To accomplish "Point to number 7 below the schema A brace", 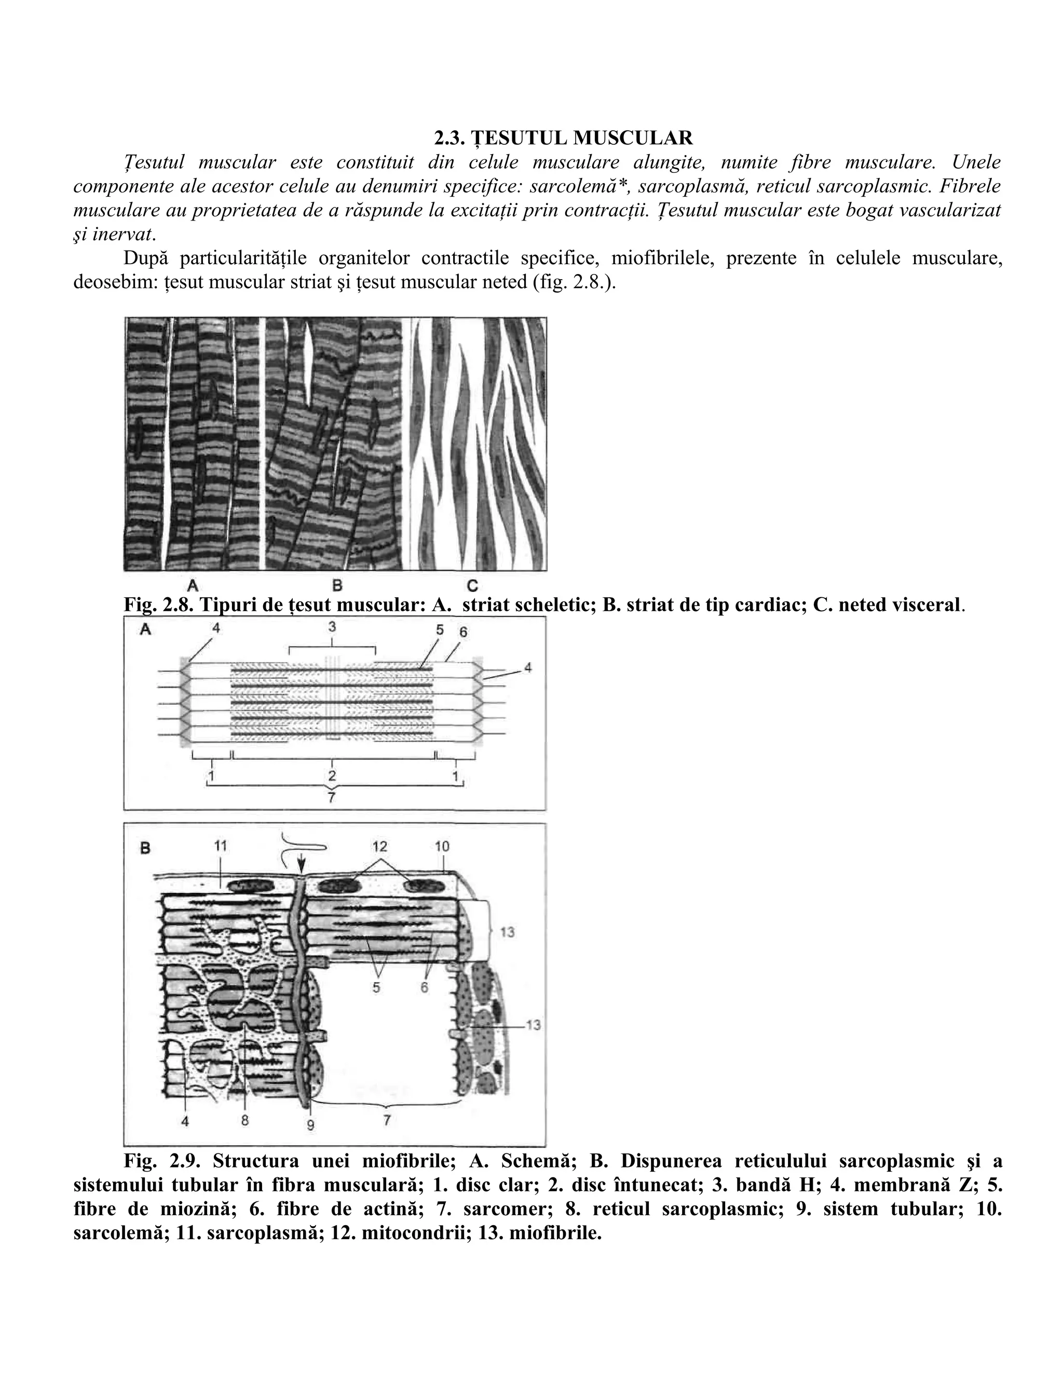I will coord(332,797).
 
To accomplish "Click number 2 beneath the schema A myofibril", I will coord(332,776).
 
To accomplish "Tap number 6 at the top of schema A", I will coord(464,631).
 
